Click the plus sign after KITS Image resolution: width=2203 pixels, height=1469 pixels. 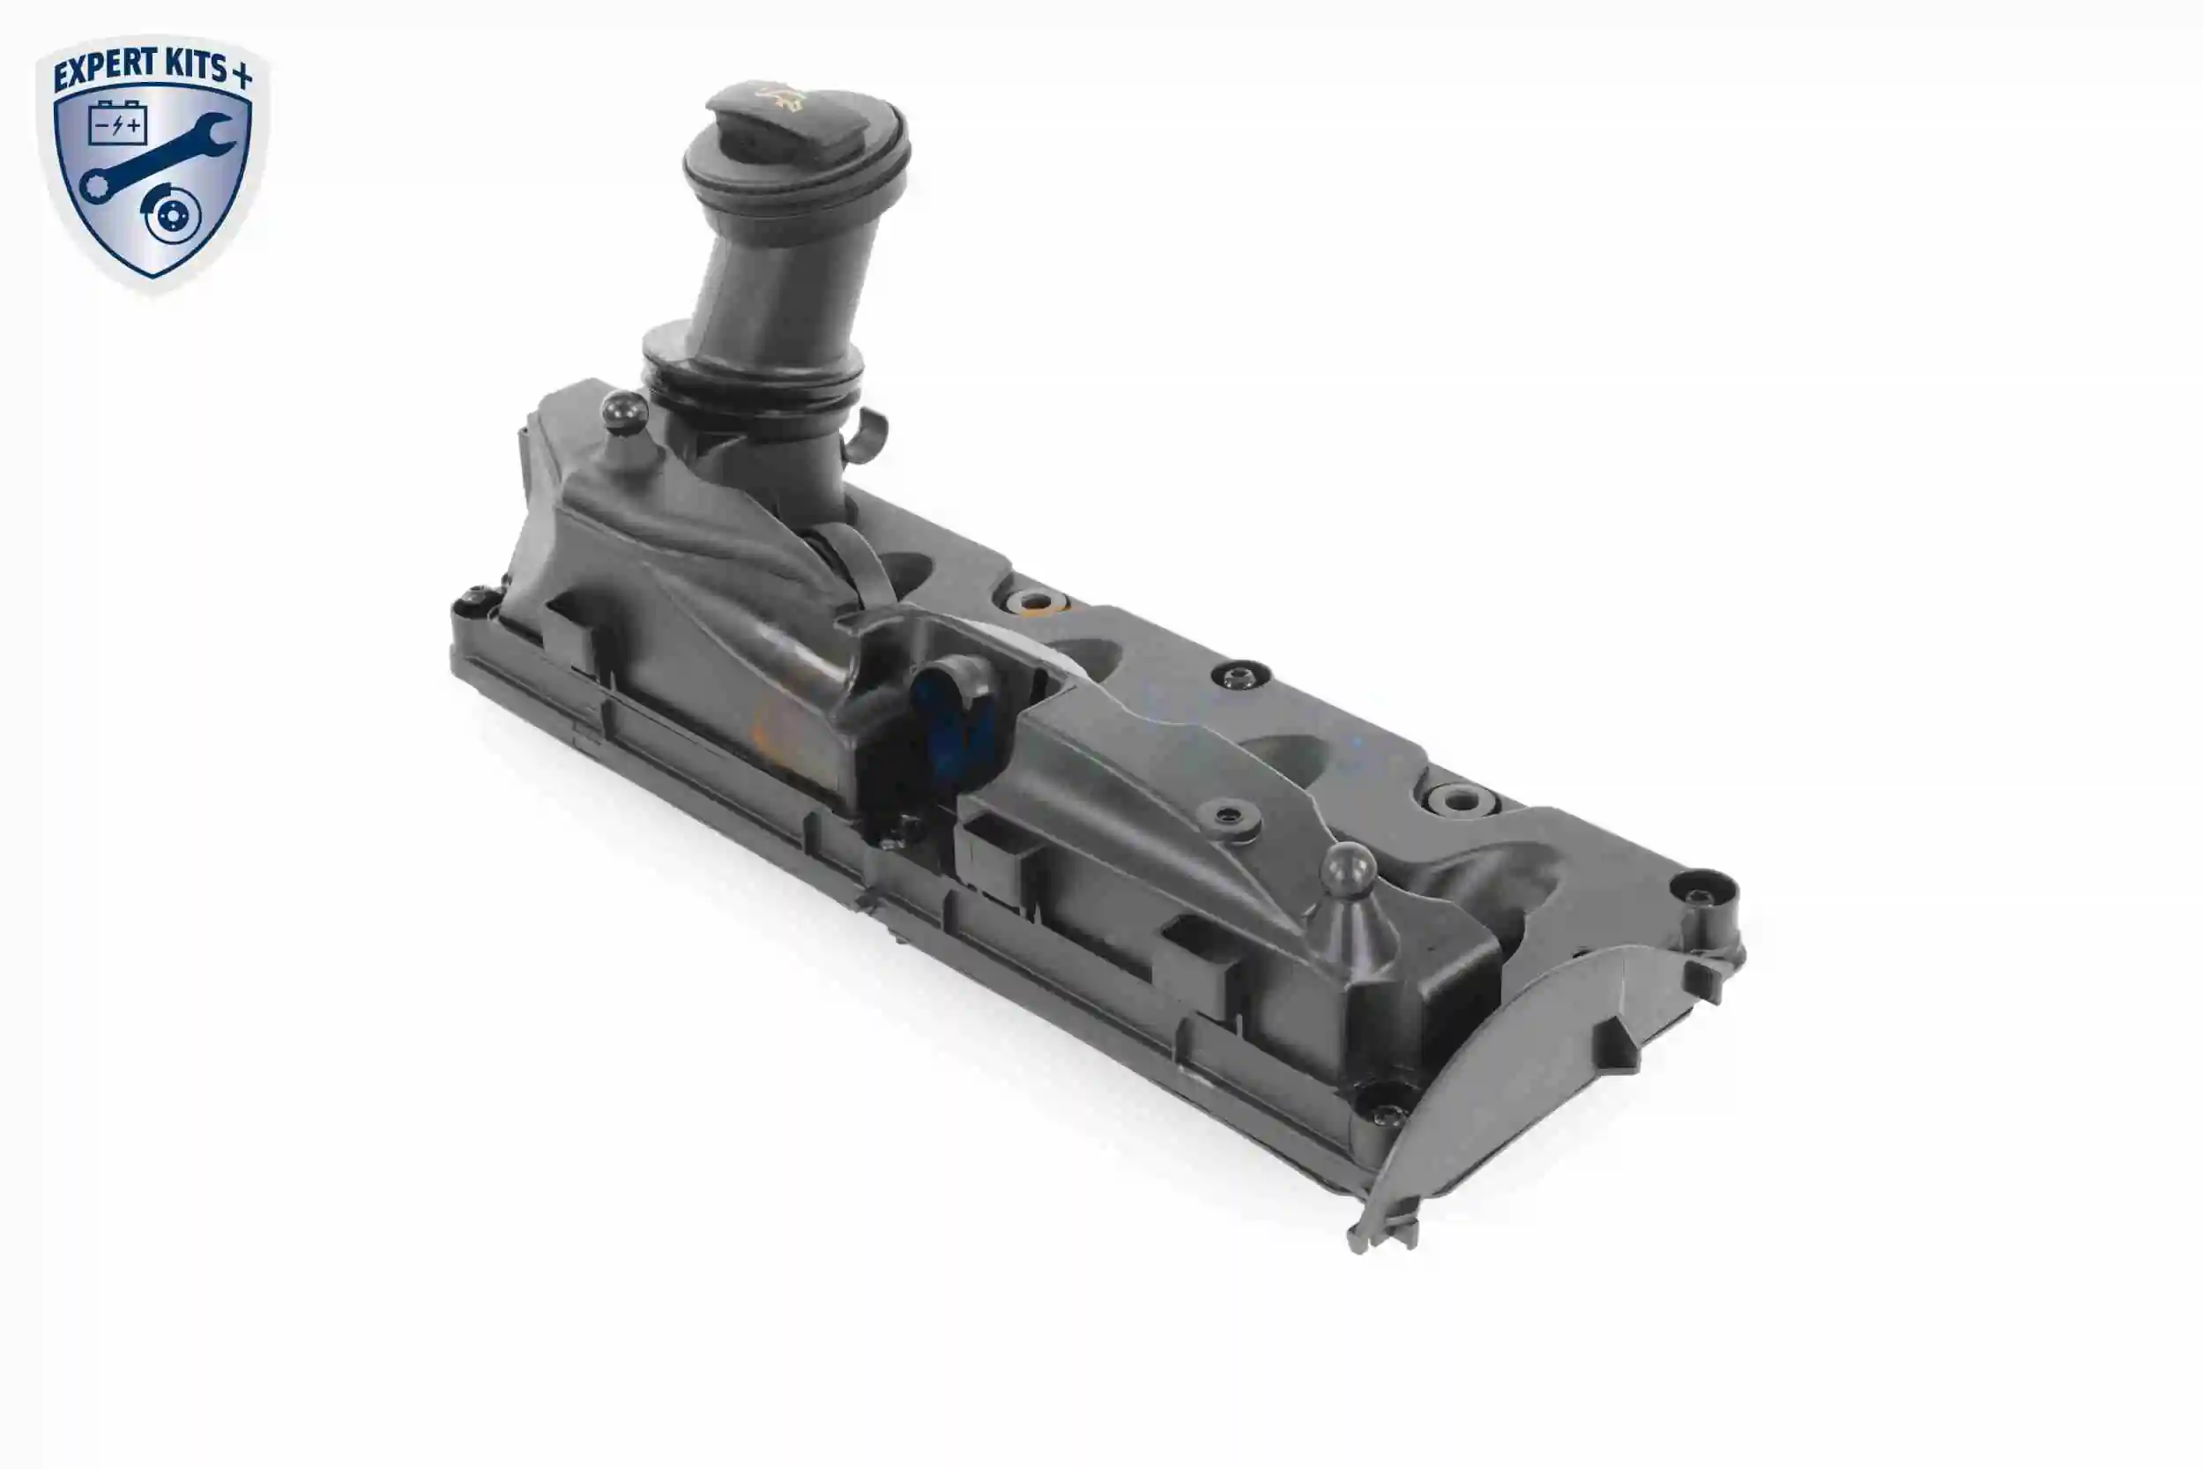pos(242,75)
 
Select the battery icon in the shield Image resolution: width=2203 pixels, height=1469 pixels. pos(118,122)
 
